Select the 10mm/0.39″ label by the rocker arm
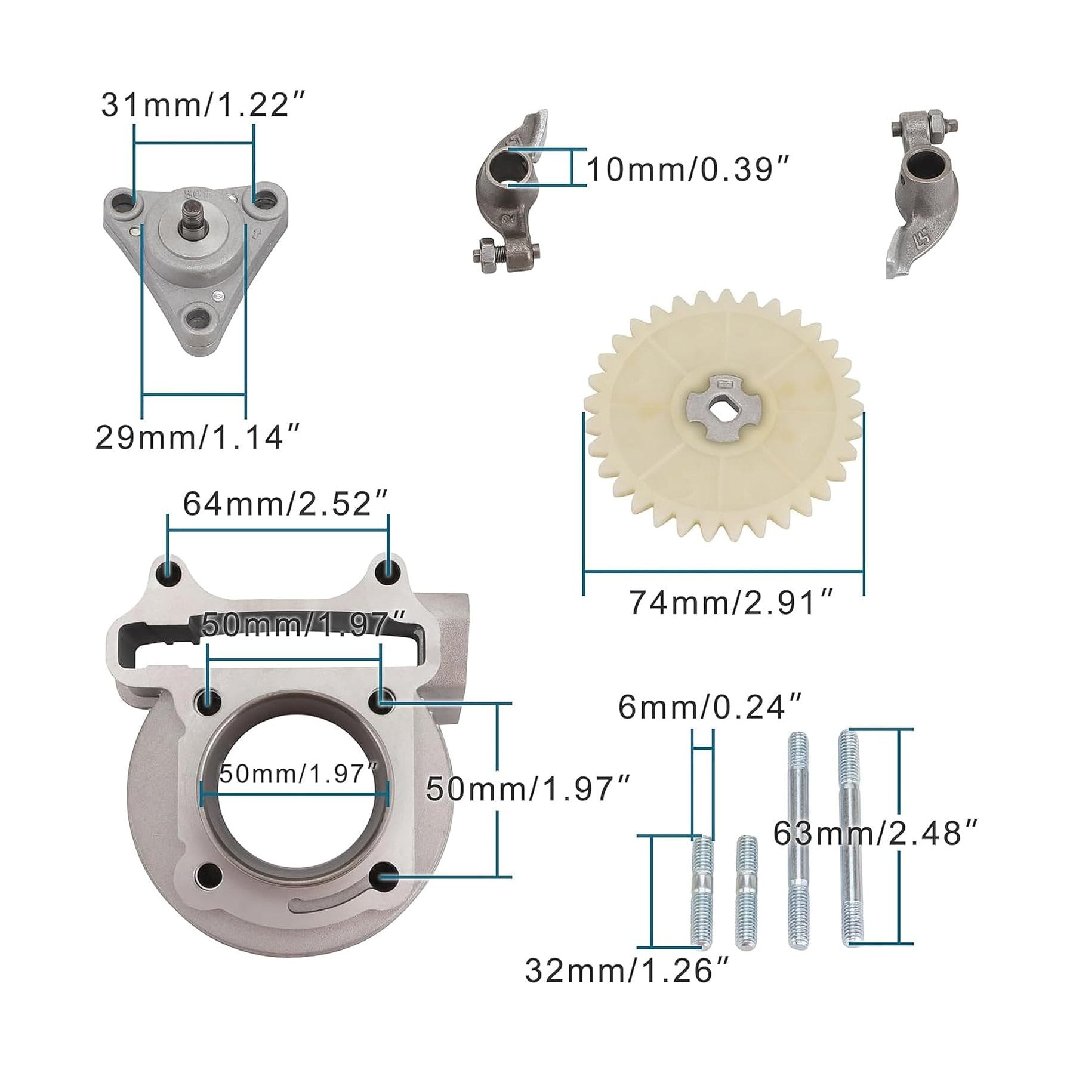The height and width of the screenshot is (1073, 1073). tap(689, 170)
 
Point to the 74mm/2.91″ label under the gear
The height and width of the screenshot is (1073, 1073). tap(730, 603)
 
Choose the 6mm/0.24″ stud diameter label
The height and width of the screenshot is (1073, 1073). tap(710, 708)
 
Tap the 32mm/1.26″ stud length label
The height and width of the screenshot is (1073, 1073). tap(627, 970)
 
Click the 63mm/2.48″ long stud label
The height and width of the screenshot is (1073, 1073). tap(875, 833)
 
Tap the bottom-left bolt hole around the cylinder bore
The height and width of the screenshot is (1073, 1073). tap(208, 875)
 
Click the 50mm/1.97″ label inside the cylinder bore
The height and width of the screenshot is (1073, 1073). tap(298, 775)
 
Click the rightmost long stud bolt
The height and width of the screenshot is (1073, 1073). tap(850, 835)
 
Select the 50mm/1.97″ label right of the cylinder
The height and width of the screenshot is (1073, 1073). tap(528, 789)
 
